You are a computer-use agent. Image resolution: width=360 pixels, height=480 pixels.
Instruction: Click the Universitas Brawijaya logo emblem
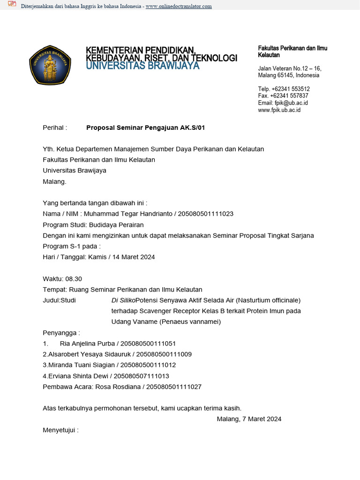[50, 66]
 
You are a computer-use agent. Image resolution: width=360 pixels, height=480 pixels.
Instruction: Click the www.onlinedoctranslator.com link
[179, 6]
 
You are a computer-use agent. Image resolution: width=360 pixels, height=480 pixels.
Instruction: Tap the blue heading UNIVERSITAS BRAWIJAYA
[142, 66]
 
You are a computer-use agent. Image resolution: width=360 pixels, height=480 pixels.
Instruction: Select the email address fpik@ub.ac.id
[291, 103]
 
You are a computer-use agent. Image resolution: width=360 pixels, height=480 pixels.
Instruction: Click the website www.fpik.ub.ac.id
[279, 110]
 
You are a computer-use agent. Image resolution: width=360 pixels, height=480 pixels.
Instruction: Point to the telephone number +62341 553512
[291, 89]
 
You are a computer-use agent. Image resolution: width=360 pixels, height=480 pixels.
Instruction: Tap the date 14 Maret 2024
[133, 257]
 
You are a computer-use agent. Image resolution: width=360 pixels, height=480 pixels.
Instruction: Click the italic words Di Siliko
[123, 300]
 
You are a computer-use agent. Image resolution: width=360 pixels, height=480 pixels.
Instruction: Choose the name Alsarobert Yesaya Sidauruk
[84, 354]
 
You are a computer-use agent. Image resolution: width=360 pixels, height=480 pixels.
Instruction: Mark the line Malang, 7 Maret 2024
[249, 419]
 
